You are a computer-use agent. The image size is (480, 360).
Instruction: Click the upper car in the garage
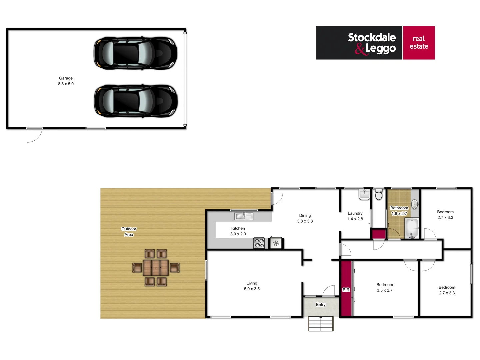tap(135, 53)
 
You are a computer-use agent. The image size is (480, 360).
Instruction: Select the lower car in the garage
tap(136, 101)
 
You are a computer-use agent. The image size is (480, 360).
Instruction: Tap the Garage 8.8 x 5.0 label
tap(66, 81)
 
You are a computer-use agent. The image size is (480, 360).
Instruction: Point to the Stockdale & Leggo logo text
tap(372, 43)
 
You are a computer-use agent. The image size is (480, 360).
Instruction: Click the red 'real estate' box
tap(419, 43)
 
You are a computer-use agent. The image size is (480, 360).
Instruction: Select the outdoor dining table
tap(156, 268)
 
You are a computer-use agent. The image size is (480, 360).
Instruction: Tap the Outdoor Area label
tap(129, 232)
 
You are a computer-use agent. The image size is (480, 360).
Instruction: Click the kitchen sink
tap(244, 216)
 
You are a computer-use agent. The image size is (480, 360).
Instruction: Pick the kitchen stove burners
tap(259, 243)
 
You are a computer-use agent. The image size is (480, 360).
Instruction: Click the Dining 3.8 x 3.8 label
tap(305, 218)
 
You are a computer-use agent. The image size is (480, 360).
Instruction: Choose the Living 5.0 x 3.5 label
tap(252, 286)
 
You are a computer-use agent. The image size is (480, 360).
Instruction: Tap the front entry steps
tap(321, 324)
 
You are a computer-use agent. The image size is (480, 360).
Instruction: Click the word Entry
tap(321, 304)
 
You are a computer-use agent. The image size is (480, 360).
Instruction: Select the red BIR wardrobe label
tap(346, 290)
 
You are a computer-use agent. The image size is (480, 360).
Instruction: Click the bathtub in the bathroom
tap(412, 228)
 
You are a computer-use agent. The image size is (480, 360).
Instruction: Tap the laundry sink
tap(364, 194)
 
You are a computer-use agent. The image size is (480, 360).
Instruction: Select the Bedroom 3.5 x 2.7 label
tap(385, 287)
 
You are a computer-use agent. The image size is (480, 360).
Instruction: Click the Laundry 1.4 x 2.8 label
tap(355, 216)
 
